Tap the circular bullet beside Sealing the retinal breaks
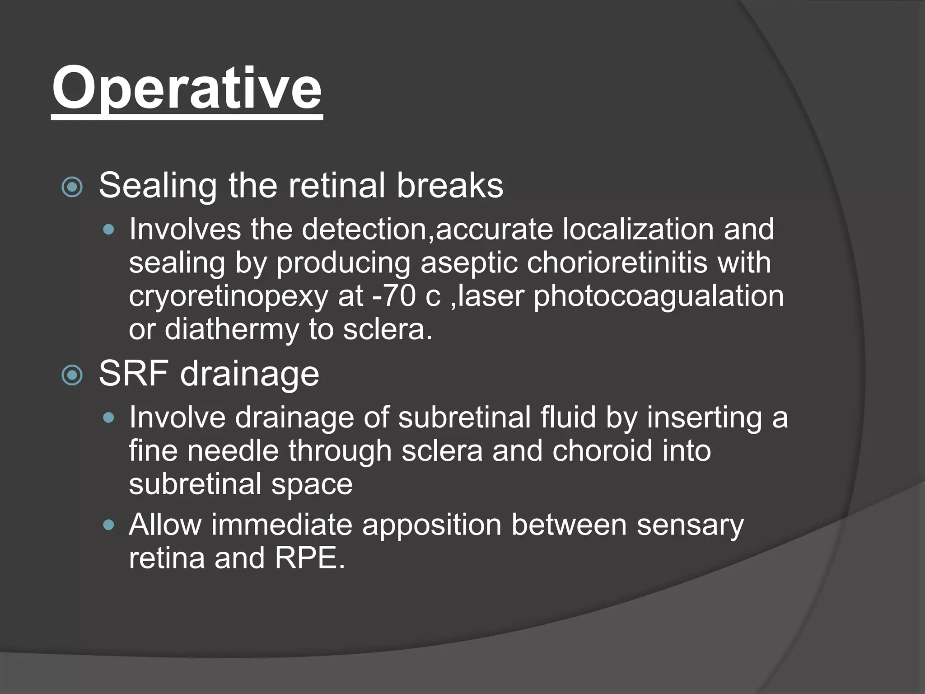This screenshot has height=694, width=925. pos(72,187)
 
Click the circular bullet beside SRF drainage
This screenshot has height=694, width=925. pos(72,375)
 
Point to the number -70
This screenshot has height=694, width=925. pos(393,296)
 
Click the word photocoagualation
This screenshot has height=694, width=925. pos(659,297)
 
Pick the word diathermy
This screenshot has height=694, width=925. pos(232,330)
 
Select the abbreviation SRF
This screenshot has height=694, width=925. pos(134,374)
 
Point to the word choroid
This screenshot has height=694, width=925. pos(602,451)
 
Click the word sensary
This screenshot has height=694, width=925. pos(690,526)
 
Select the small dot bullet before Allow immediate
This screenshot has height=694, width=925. pos(108,525)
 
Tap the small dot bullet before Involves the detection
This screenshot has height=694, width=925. pos(108,230)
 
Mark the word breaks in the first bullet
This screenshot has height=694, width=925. pos(450,186)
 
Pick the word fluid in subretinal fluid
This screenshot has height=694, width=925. pos(568,417)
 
